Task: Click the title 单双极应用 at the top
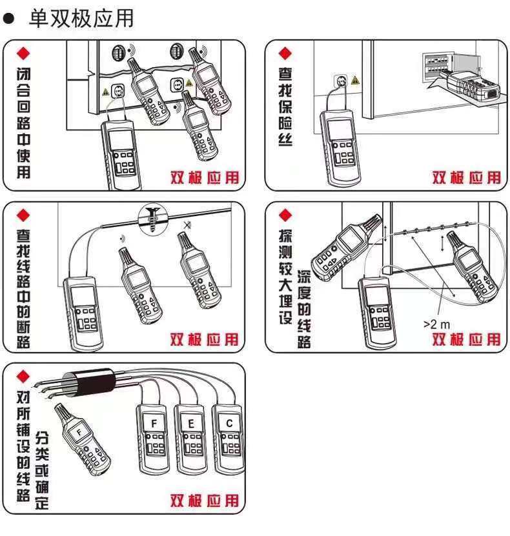click(81, 18)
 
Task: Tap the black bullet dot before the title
click(8, 18)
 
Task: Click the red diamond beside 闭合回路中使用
click(23, 54)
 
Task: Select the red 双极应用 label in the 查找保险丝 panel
click(467, 178)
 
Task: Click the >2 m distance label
click(437, 324)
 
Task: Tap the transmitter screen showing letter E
click(191, 423)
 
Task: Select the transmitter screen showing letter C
click(229, 423)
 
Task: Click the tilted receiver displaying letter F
click(82, 440)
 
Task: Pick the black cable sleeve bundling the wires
click(94, 382)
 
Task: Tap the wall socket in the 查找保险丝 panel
click(341, 81)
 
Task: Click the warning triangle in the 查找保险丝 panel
click(356, 81)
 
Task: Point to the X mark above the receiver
click(187, 224)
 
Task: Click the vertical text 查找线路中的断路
click(23, 289)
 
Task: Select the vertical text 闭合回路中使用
click(24, 123)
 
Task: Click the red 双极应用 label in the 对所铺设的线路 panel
click(205, 501)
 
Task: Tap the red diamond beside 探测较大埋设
click(285, 215)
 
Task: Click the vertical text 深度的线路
click(304, 310)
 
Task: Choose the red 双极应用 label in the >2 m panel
click(467, 339)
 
